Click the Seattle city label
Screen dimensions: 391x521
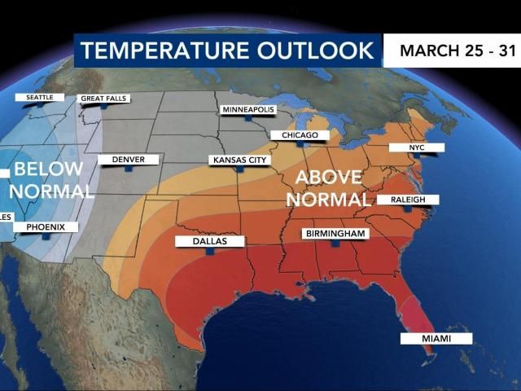click(39, 97)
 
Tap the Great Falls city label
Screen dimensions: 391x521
click(104, 99)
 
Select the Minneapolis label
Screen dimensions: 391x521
click(248, 109)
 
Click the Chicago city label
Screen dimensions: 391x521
click(300, 134)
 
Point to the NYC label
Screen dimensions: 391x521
click(417, 147)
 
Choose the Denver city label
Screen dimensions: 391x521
click(128, 160)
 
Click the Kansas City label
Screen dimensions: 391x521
click(239, 160)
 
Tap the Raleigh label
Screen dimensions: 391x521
click(408, 200)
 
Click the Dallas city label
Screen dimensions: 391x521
click(210, 241)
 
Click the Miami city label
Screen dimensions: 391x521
click(436, 338)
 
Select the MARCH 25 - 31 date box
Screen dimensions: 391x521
click(452, 51)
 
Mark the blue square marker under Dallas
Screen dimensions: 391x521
click(210, 253)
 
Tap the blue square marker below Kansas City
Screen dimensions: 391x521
click(239, 170)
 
